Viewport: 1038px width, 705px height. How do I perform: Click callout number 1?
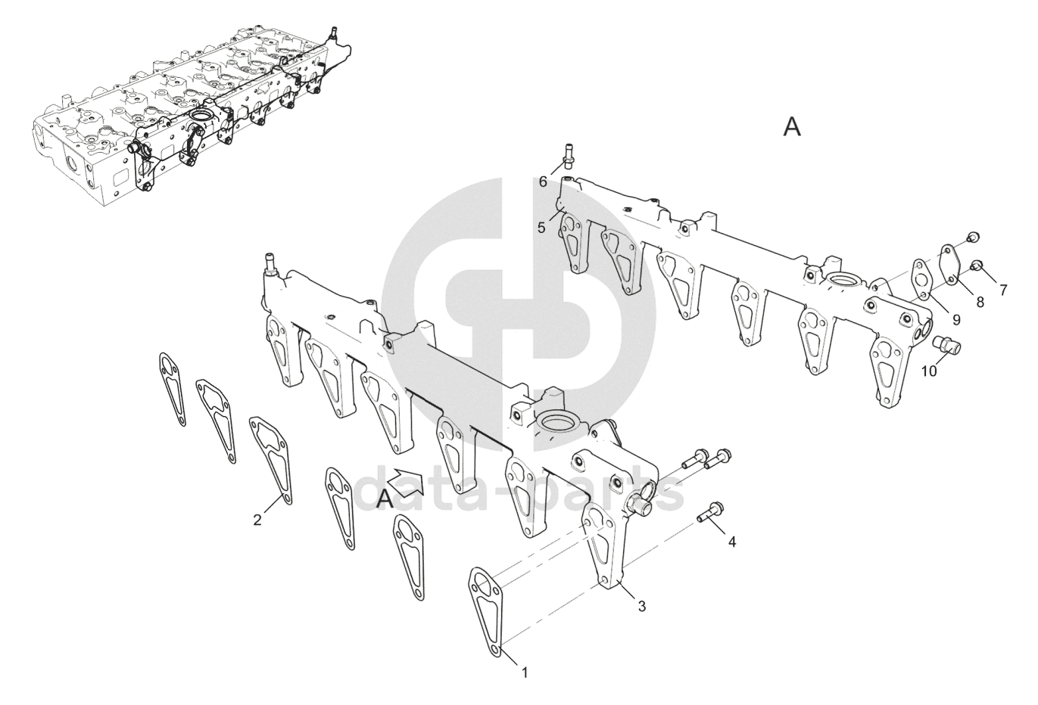click(525, 671)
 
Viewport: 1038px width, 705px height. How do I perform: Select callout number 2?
click(257, 520)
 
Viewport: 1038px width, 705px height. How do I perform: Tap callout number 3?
click(641, 606)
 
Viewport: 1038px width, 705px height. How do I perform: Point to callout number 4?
click(731, 542)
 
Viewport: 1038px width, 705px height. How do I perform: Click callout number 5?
click(541, 226)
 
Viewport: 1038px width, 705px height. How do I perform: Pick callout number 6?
click(543, 182)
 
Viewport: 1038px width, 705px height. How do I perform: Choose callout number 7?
click(1003, 290)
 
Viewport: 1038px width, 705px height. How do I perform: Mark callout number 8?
click(980, 302)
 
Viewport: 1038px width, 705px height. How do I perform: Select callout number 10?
click(929, 371)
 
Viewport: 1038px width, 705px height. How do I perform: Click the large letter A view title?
click(792, 127)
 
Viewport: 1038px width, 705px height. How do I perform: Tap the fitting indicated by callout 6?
click(568, 154)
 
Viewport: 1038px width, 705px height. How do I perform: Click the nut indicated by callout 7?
click(977, 265)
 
